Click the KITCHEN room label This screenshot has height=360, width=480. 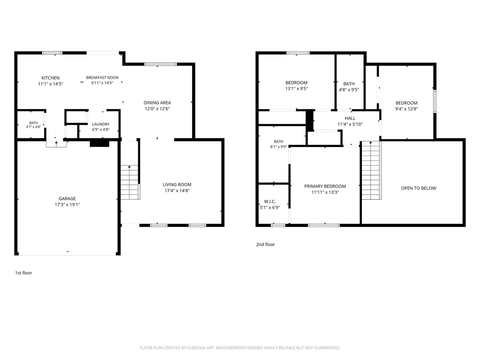pos(51,78)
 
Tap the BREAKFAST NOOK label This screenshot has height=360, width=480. pos(102,77)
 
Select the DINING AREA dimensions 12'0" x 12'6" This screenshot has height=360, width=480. pos(157,109)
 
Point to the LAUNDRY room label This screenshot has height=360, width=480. pos(100,124)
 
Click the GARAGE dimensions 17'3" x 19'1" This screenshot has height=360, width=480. pos(67,205)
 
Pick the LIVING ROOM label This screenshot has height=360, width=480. pos(177,184)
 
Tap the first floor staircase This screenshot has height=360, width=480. pos(130,182)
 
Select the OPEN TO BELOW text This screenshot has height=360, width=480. pos(418,188)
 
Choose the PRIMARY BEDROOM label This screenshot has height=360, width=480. pos(325,186)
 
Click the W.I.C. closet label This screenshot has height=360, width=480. pos(270,201)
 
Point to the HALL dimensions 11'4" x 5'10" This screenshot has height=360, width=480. pos(350,124)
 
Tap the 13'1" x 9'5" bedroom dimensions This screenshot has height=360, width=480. pos(296,88)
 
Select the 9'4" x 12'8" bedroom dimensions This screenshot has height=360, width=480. pos(406,109)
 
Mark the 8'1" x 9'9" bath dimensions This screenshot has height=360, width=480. pos(278,147)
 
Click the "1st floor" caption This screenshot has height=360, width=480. pos(23,273)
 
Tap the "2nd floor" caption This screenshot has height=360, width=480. pos(265,244)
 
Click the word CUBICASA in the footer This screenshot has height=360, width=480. pos(196,348)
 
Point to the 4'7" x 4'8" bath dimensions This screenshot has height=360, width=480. pos(33,127)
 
